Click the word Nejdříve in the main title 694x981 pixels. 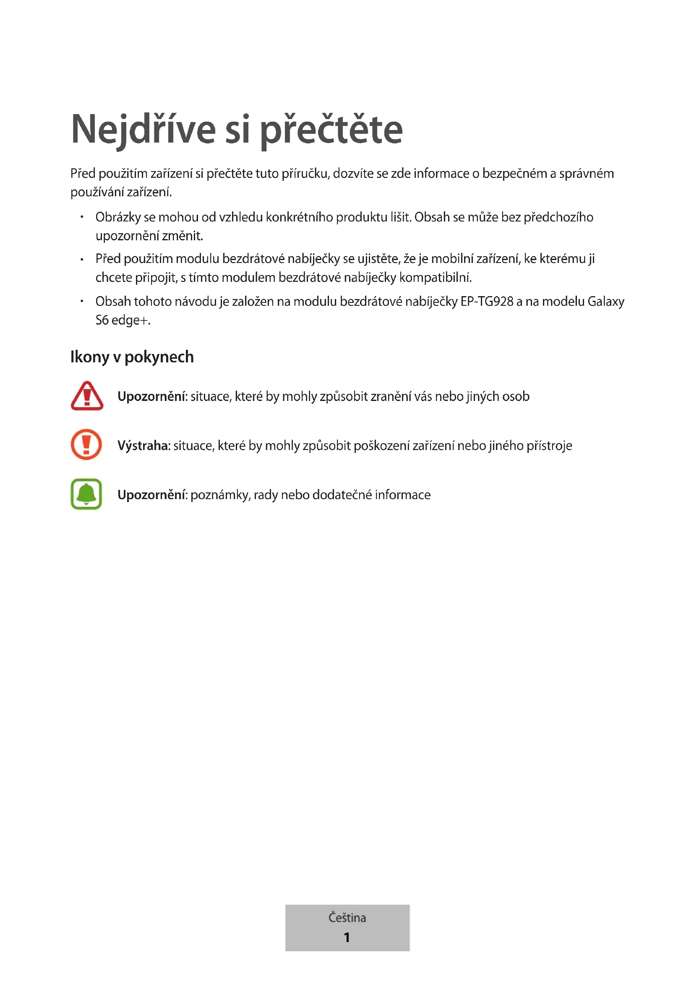tap(143, 130)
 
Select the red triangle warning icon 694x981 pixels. tap(87, 396)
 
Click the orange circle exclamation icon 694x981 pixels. tap(86, 444)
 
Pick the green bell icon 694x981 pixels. tap(86, 494)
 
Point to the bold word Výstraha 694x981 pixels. tap(144, 446)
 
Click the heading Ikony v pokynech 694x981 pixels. tap(132, 357)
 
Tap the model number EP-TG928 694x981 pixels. tap(487, 301)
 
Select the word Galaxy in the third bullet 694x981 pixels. tap(606, 302)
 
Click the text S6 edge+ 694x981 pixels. tap(123, 320)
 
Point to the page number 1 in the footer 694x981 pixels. tap(347, 937)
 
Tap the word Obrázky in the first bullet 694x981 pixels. tap(118, 217)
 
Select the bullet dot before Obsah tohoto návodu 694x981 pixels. tap(82, 301)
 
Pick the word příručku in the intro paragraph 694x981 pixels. tap(305, 174)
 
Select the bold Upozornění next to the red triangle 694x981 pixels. tap(152, 396)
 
